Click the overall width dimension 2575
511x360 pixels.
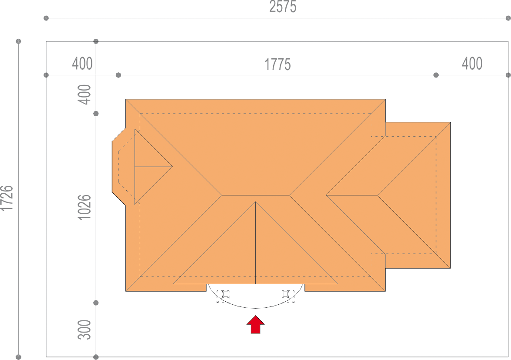pyautogui.click(x=283, y=7)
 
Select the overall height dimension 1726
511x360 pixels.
pyautogui.click(x=7, y=199)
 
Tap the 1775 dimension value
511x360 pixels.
pyautogui.click(x=277, y=64)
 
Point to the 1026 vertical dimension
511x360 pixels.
pyautogui.click(x=84, y=208)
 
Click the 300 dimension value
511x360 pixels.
pyautogui.click(x=84, y=330)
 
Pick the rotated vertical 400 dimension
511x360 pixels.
pyautogui.click(x=84, y=94)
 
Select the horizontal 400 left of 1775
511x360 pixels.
pyautogui.click(x=82, y=64)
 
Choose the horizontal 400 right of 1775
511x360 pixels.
pyautogui.click(x=472, y=64)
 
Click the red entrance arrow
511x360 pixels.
pyautogui.click(x=255, y=324)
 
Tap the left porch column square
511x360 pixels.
pyautogui.click(x=226, y=295)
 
